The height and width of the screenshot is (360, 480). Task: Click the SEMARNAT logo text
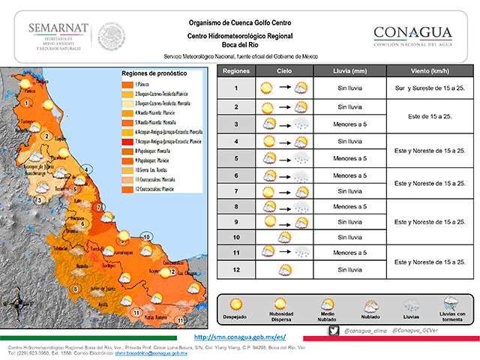pos(58,28)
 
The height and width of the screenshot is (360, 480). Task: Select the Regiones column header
pos(236,71)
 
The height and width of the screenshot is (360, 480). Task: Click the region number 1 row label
pos(236,88)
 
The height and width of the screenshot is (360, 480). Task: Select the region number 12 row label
pos(236,269)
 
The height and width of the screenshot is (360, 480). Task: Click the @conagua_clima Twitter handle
pos(367,331)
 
